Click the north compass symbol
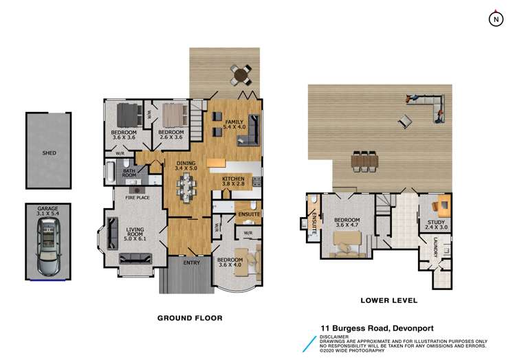[x=495, y=20]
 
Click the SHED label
[x=48, y=153]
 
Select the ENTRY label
[x=191, y=262]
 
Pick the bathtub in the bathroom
[x=111, y=171]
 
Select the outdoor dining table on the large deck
[x=363, y=161]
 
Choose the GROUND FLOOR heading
[x=190, y=318]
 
